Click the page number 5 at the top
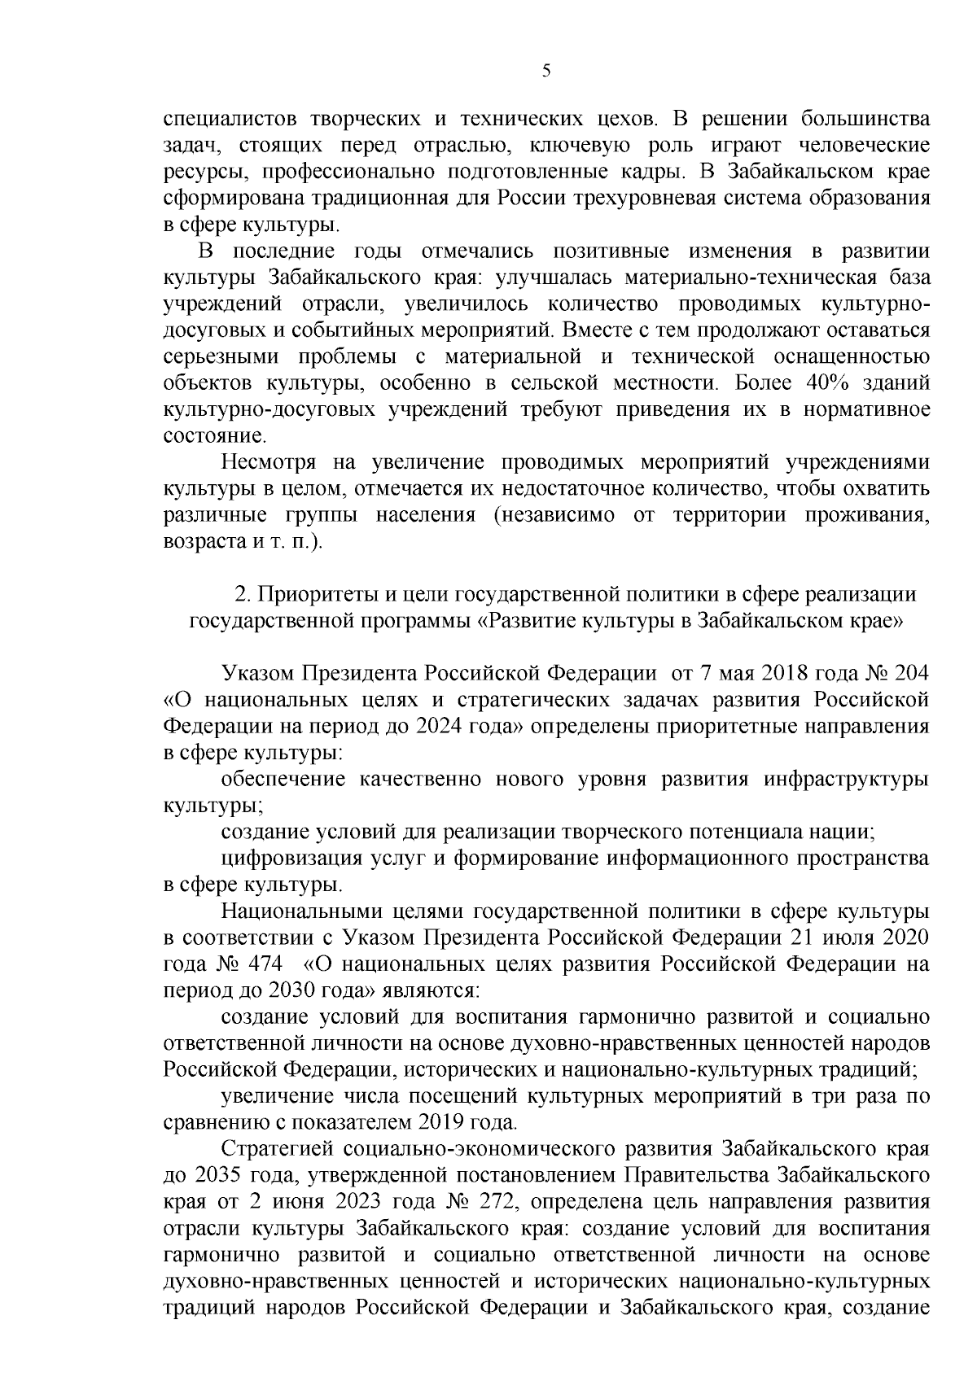(546, 71)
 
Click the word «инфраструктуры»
(846, 779)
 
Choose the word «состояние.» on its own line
(204, 435)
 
